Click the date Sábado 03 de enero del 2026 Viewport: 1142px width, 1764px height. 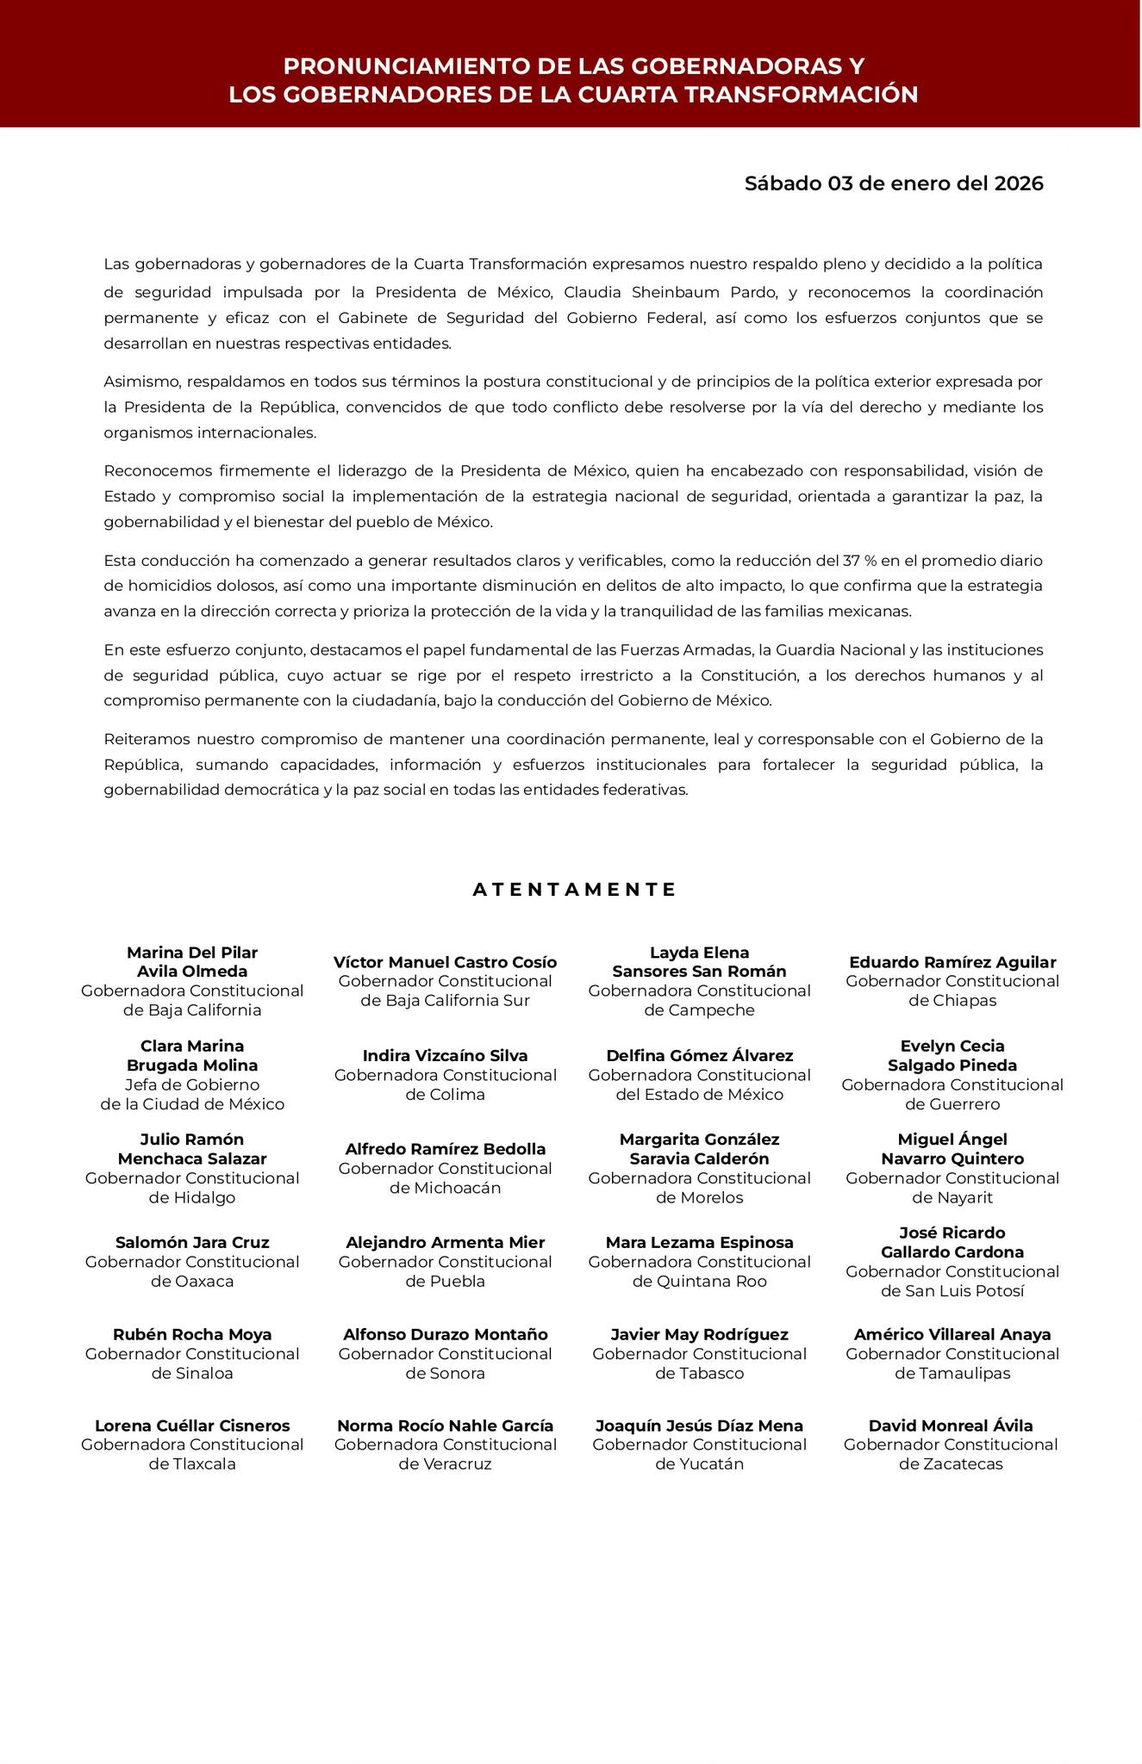[894, 183]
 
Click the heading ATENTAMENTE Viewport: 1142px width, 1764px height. [575, 890]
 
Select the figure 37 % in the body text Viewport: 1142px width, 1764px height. [859, 561]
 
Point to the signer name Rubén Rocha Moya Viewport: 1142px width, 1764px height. [192, 1334]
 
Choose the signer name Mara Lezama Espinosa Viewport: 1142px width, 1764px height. [699, 1242]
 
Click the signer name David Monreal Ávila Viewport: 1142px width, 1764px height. [951, 1425]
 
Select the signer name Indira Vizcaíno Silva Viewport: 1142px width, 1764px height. [445, 1056]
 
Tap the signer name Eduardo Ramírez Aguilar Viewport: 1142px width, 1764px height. [952, 962]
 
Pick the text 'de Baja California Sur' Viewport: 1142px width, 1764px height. [445, 1001]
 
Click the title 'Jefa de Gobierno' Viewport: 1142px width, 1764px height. [192, 1085]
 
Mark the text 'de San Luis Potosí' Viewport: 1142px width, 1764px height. [952, 1291]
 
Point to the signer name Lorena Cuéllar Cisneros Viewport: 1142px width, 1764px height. [192, 1425]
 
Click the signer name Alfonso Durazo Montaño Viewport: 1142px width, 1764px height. [445, 1334]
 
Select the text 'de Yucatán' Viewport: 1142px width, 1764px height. [699, 1463]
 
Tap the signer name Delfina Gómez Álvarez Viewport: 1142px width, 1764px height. [699, 1056]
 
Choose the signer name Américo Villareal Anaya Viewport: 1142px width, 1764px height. [952, 1334]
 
